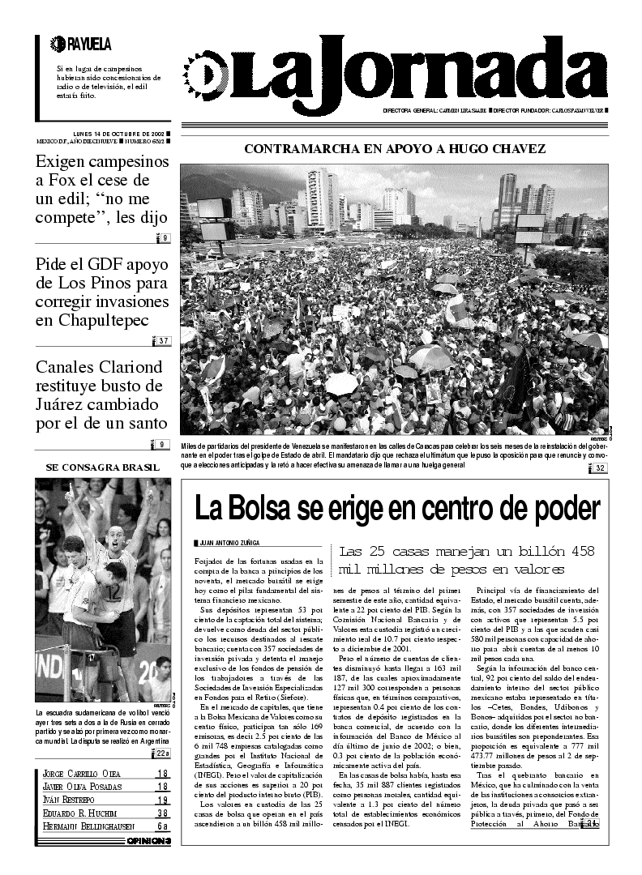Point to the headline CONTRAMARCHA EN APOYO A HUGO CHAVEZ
(x=395, y=149)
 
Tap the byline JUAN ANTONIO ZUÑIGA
(x=231, y=544)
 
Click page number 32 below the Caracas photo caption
(x=600, y=468)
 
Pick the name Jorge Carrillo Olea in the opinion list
(x=82, y=774)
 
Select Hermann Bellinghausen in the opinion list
(x=86, y=826)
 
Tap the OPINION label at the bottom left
(x=148, y=842)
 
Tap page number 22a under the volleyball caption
(x=162, y=753)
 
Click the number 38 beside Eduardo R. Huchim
(x=162, y=813)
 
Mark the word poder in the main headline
(x=560, y=509)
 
